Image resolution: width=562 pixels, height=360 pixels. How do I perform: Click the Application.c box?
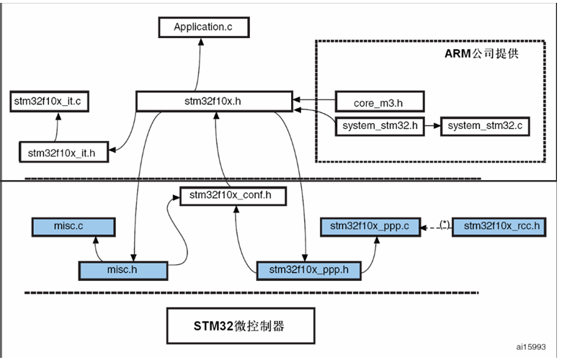click(x=204, y=28)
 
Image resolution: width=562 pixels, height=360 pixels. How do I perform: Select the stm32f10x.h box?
click(x=214, y=102)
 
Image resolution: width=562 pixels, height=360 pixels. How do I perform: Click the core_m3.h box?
click(x=379, y=102)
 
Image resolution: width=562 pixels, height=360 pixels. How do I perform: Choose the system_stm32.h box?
click(x=379, y=126)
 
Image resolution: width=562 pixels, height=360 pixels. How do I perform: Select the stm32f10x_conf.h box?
click(x=224, y=195)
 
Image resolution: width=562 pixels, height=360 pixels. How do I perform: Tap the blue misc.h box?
click(x=122, y=270)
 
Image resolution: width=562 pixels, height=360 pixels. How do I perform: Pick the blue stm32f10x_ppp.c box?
click(x=369, y=226)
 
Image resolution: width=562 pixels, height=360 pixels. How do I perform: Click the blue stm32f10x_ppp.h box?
click(x=308, y=270)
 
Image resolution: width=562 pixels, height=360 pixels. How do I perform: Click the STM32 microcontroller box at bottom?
click(x=238, y=326)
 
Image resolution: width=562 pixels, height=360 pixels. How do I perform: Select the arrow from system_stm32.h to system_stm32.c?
click(x=432, y=126)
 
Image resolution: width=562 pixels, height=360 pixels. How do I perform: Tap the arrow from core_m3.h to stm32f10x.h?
click(x=313, y=101)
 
